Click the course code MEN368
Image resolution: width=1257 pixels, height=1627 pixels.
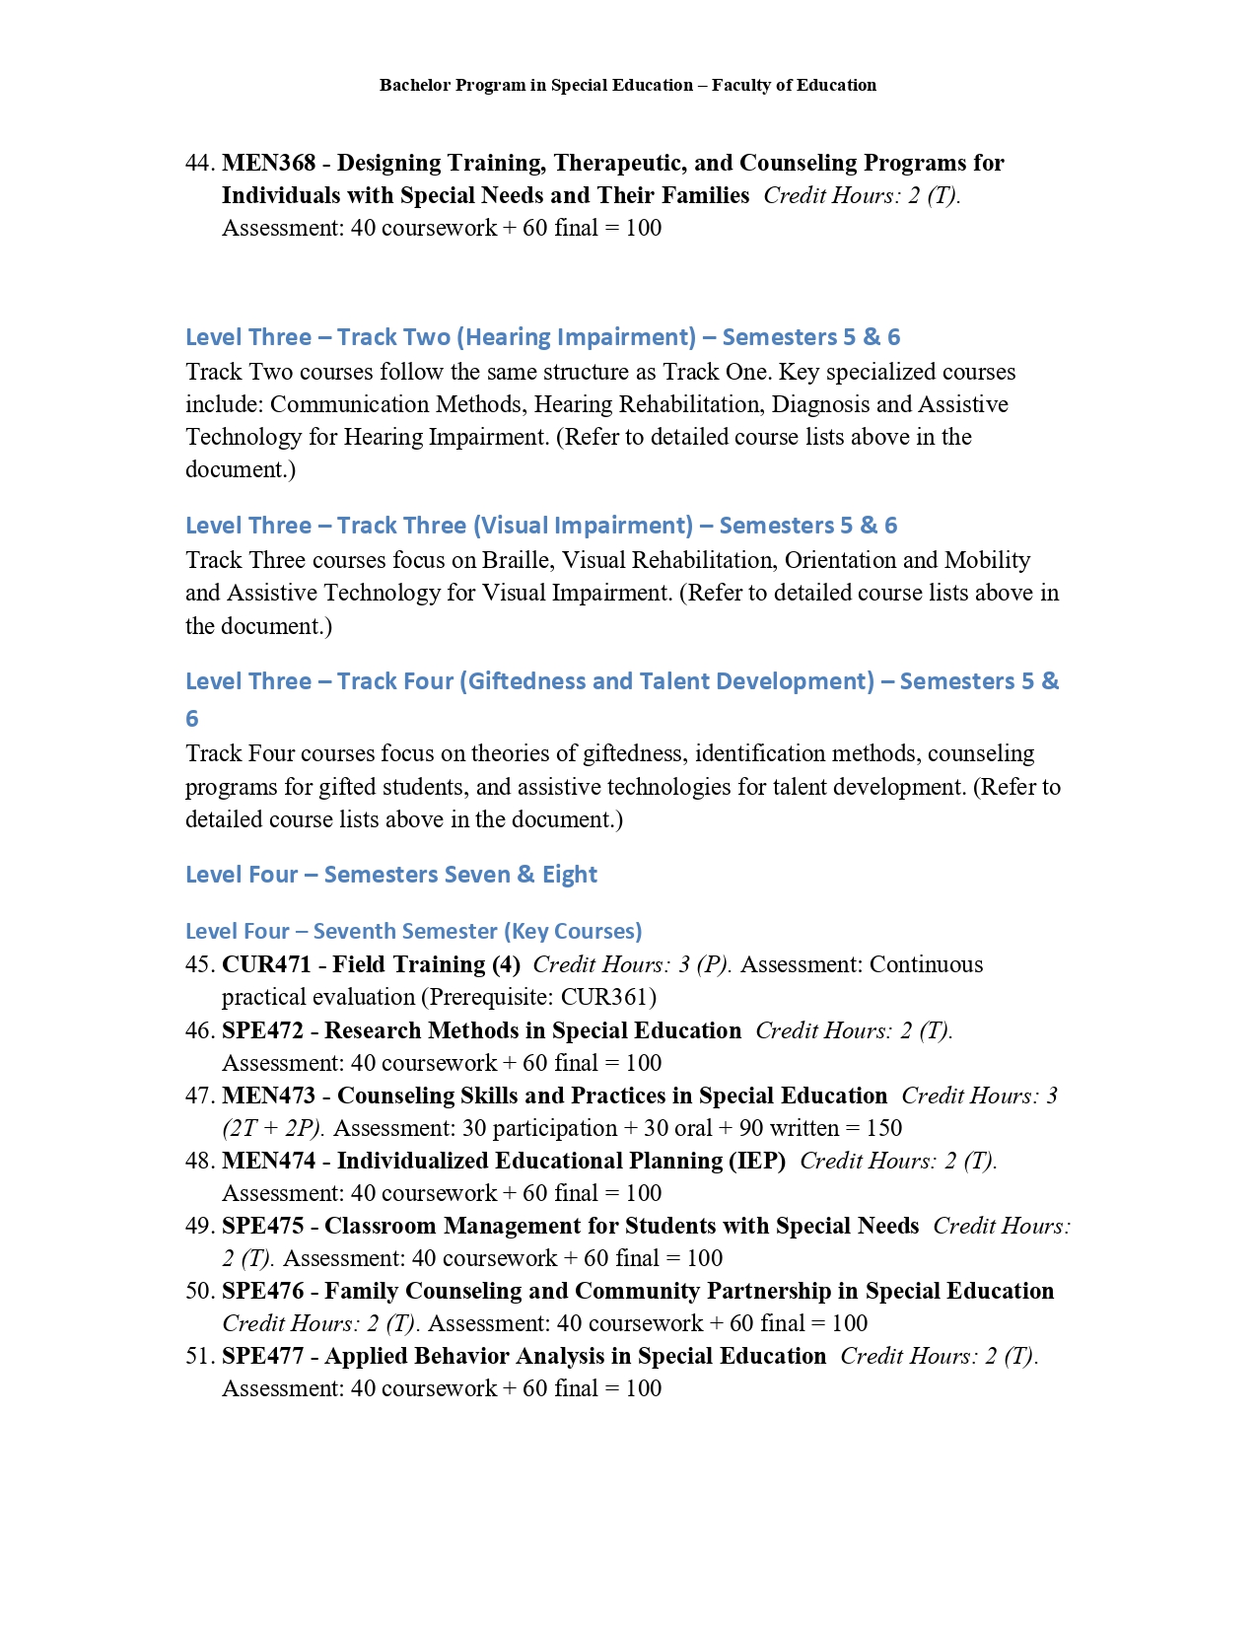[268, 163]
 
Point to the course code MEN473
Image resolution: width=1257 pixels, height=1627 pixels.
[268, 1096]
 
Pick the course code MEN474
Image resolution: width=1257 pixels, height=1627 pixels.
[268, 1161]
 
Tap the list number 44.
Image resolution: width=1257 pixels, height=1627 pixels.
[199, 163]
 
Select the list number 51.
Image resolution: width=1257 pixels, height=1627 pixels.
[199, 1356]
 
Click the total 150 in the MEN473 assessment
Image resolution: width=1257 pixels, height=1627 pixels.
[884, 1128]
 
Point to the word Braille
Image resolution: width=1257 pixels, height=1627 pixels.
[516, 560]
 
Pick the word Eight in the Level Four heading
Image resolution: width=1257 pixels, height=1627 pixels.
[570, 875]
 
